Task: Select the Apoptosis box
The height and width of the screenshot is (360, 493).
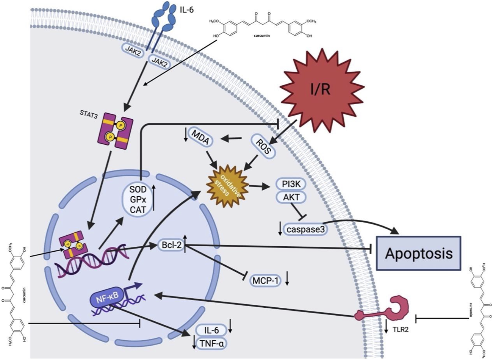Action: click(418, 253)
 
